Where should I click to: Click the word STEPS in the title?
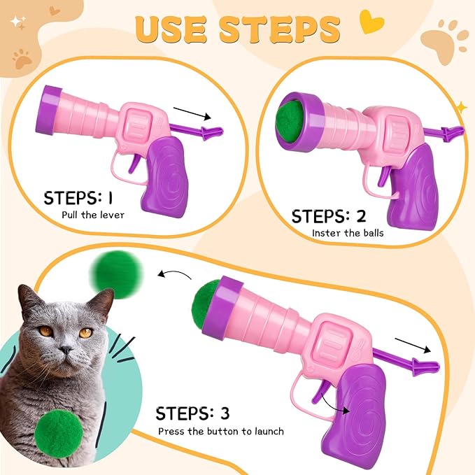pyautogui.click(x=281, y=29)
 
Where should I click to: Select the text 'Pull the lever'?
pyautogui.click(x=92, y=215)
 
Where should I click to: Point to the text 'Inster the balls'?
pyautogui.click(x=348, y=233)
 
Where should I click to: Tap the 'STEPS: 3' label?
pyautogui.click(x=192, y=413)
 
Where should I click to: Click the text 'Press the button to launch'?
pyautogui.click(x=220, y=431)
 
